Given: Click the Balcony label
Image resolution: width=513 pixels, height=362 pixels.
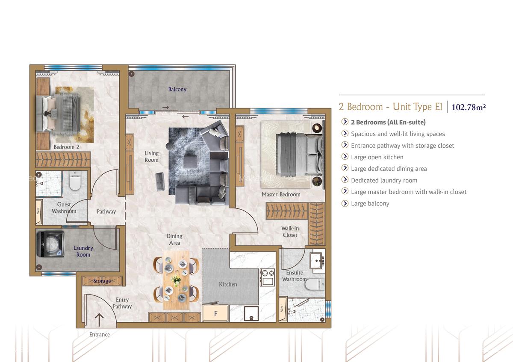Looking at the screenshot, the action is [x=177, y=89].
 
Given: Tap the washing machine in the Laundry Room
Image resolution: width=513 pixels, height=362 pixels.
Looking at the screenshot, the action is [x=50, y=244].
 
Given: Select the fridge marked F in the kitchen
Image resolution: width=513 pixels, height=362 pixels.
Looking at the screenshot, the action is [x=215, y=313].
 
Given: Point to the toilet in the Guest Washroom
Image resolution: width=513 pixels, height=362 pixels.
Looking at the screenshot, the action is [x=75, y=181].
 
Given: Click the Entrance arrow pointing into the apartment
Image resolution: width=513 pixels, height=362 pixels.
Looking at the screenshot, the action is [x=99, y=320].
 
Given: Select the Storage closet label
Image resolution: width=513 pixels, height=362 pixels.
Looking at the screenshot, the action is [x=102, y=281].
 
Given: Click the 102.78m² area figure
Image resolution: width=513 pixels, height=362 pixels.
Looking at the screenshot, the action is [x=469, y=107].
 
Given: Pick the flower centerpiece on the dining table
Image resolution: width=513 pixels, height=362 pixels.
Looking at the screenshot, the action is [x=176, y=280].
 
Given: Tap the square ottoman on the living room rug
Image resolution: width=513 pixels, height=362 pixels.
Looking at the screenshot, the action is [x=190, y=162].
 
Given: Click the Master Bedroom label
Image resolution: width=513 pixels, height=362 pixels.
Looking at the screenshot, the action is [x=281, y=194].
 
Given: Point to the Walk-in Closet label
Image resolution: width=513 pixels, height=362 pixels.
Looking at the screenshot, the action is [x=290, y=232].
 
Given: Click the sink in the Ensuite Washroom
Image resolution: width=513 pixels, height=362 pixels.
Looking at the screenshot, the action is [x=317, y=261].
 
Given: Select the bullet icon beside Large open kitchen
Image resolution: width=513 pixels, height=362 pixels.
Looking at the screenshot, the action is [x=345, y=156].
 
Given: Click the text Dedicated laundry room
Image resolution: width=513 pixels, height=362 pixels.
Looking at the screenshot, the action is [x=384, y=181].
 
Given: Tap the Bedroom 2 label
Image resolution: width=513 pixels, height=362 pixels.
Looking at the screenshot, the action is [x=66, y=147].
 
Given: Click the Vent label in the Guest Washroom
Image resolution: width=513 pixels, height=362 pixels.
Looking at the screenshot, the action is [x=38, y=210].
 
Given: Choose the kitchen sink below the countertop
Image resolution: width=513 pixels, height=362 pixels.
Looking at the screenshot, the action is [x=251, y=313].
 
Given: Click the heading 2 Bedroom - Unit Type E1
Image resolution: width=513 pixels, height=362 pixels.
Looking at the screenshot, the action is [x=390, y=107].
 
